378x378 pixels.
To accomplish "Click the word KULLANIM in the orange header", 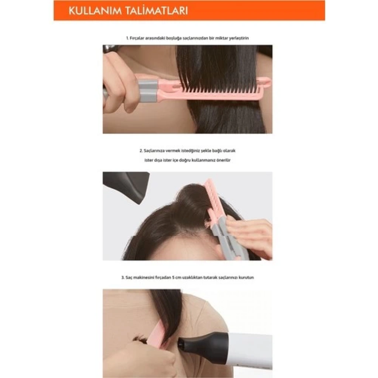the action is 95,11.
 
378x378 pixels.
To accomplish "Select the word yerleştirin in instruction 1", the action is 239,38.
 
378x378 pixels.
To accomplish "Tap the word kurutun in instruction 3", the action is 246,278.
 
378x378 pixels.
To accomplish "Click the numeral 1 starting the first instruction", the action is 127,38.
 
